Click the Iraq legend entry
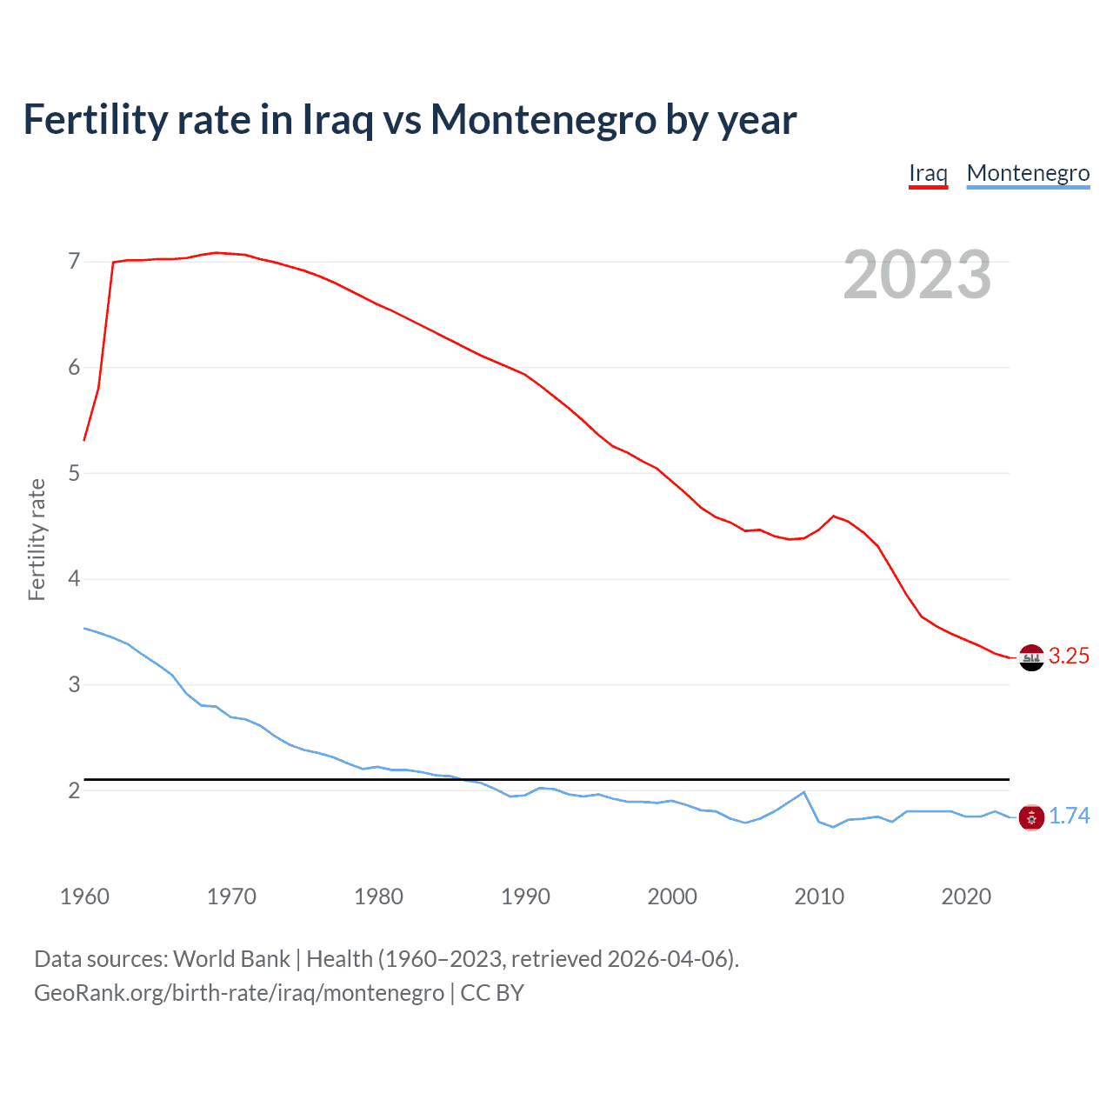point(928,173)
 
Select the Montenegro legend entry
point(1028,173)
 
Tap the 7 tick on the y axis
point(74,262)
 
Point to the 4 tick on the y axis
point(74,579)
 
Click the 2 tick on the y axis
point(74,790)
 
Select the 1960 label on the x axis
point(84,896)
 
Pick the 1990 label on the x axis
point(525,896)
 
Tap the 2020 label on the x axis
point(966,896)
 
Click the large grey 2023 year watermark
point(916,276)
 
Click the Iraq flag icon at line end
point(1031,657)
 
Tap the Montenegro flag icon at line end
point(1031,817)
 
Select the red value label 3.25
point(1069,656)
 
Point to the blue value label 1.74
point(1069,816)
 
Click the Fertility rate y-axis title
point(37,539)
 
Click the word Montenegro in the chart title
point(543,120)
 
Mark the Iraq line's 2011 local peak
point(834,517)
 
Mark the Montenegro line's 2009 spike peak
point(804,792)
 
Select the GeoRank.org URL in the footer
point(239,993)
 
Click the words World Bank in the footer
point(231,959)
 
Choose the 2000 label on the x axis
point(672,896)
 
